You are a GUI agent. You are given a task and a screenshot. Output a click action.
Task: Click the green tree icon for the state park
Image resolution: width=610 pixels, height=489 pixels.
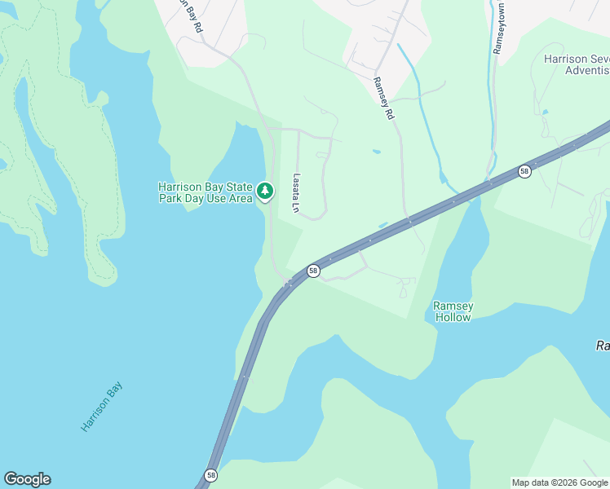click(264, 191)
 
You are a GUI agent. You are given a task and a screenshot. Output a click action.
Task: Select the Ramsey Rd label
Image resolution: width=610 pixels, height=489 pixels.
click(382, 99)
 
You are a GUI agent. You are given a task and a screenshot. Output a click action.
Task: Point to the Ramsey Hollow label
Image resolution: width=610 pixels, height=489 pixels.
click(453, 311)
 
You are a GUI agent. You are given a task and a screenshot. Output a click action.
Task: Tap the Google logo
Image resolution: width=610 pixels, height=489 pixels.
click(27, 479)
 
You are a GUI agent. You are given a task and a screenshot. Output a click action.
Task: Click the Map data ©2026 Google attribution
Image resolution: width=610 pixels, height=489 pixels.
click(559, 482)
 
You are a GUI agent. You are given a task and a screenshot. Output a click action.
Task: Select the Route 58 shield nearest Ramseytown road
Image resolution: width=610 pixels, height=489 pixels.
click(524, 171)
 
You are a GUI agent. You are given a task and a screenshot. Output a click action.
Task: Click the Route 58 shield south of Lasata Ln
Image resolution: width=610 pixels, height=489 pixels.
click(312, 270)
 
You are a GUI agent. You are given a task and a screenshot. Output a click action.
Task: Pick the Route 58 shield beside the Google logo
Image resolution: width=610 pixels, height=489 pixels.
click(211, 475)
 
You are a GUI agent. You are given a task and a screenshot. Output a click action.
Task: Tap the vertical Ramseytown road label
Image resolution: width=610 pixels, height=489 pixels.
click(497, 27)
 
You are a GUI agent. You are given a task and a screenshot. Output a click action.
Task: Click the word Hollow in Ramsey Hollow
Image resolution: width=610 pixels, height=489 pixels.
click(453, 317)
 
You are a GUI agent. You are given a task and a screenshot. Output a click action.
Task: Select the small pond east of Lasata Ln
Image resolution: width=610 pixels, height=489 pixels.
click(375, 151)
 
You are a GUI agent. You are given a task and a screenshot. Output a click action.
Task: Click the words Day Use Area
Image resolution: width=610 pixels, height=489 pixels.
click(216, 198)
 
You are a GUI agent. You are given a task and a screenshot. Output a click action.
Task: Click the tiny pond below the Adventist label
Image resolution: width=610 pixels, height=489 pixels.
click(545, 112)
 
